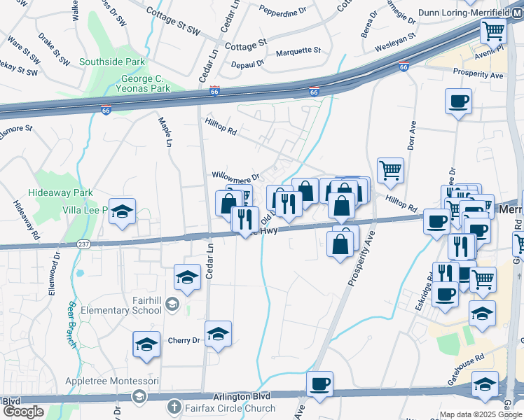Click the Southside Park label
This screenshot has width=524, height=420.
[112, 62]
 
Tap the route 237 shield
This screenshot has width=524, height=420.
[83, 244]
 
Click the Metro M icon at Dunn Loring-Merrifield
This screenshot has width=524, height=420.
[517, 13]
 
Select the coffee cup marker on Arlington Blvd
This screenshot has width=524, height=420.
[320, 384]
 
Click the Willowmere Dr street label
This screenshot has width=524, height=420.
[236, 176]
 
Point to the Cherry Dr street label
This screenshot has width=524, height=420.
[184, 341]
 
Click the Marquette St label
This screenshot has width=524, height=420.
[298, 50]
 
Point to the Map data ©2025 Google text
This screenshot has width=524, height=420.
[480, 414]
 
